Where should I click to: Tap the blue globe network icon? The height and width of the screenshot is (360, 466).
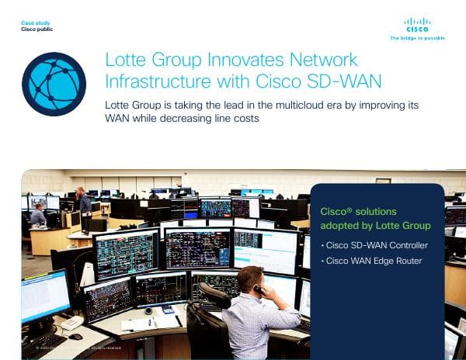pyautogui.click(x=54, y=84)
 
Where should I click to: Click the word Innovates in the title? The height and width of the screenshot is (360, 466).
pyautogui.click(x=228, y=60)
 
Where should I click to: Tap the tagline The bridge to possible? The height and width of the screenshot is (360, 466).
pyautogui.click(x=417, y=37)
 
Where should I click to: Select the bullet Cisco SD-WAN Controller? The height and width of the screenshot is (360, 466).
pyautogui.click(x=377, y=245)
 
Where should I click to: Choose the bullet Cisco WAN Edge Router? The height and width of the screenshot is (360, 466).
pyautogui.click(x=374, y=261)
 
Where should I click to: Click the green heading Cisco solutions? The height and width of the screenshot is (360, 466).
pyautogui.click(x=353, y=210)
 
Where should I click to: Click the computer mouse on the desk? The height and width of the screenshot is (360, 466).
pyautogui.click(x=75, y=336)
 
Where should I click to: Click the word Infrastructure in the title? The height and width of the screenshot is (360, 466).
pyautogui.click(x=155, y=79)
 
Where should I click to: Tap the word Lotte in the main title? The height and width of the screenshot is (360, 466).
pyautogui.click(x=127, y=60)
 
